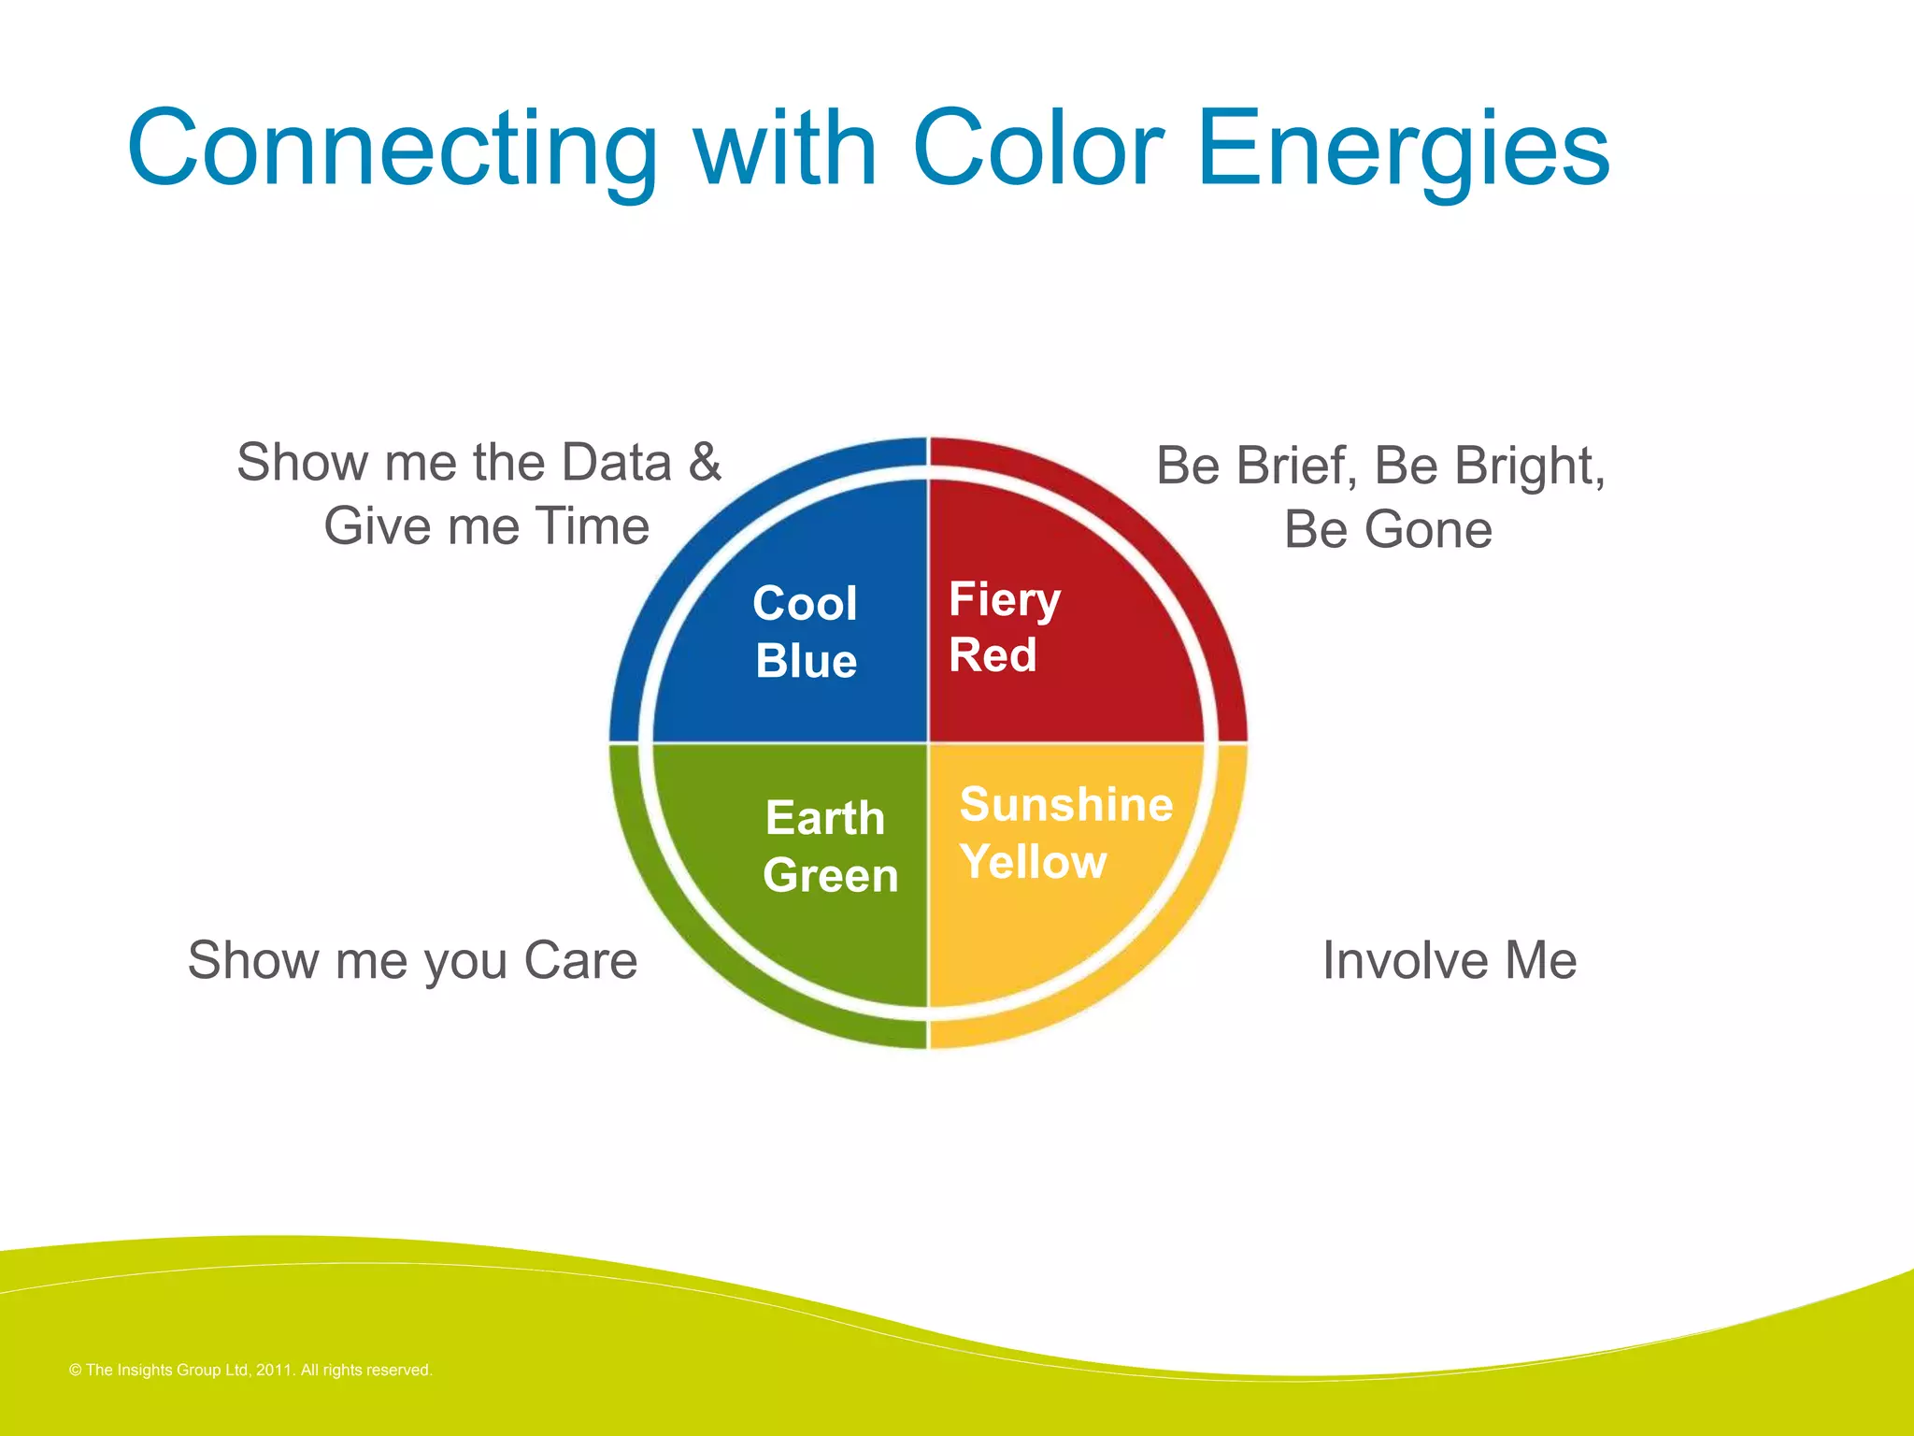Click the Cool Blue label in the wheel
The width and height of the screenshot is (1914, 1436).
coord(805,632)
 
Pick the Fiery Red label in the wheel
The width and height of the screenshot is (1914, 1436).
coord(1003,626)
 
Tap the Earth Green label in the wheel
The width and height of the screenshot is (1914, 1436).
coord(828,847)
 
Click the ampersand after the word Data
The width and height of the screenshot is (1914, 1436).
coord(705,462)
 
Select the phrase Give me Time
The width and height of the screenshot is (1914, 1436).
coord(486,525)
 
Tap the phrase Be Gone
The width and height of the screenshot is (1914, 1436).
coord(1387,529)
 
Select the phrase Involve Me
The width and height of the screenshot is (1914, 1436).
coord(1449,960)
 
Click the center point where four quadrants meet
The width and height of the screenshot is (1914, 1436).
coord(928,743)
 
